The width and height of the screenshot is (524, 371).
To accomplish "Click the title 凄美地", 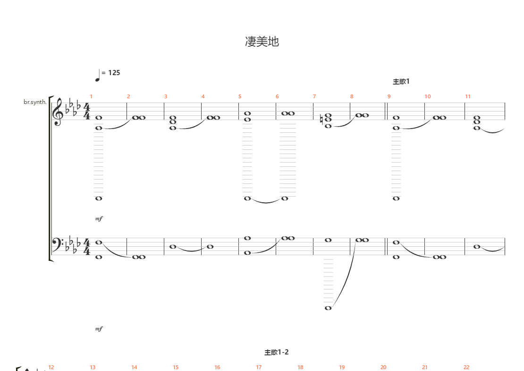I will pos(262,42).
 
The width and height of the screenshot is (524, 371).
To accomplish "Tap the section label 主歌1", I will pos(401,82).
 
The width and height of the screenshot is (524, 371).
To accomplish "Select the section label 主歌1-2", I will pos(277,352).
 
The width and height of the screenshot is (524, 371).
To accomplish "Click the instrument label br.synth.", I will pos(35,102).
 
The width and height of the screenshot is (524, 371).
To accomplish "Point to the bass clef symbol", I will pos(57,245).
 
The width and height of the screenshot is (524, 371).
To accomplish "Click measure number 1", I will pos(91,96).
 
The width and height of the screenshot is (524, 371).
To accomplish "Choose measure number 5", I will pos(240,96).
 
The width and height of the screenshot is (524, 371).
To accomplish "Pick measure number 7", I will pos(314,96).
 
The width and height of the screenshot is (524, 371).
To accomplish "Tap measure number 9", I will pos(389,96).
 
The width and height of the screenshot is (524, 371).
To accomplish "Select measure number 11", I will pos(467,96).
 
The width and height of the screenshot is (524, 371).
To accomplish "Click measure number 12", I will pos(51,367).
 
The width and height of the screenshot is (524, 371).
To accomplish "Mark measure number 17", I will pos(259,367).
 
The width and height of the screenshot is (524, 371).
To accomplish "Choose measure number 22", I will pos(466,367).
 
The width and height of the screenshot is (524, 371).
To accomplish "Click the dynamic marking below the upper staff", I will pos(99,219).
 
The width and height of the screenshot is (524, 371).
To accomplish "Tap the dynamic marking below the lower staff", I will pos(99,329).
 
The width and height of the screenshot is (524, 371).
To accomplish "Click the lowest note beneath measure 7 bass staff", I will pos(328,308).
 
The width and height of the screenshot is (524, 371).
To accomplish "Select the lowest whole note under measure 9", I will pos(396,198).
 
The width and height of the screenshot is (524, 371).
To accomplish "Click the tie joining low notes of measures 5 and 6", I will pos(266,202).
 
